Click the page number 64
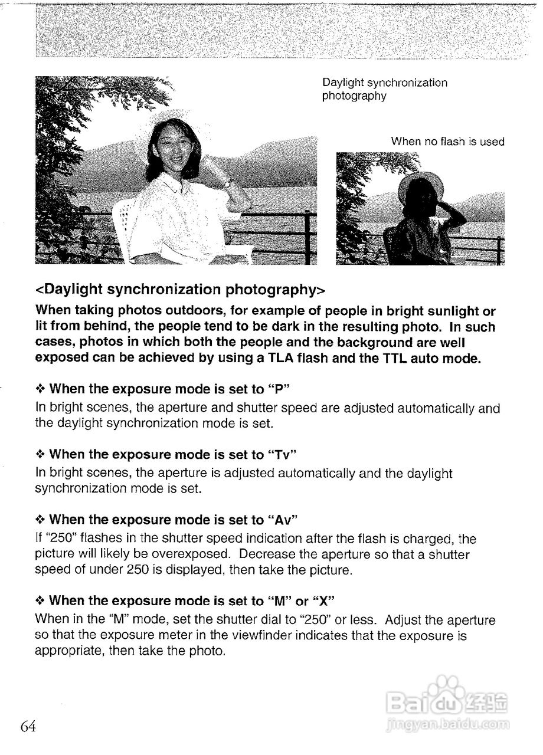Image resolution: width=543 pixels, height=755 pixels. pyautogui.click(x=28, y=727)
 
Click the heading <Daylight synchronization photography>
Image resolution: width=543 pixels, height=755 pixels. pyautogui.click(x=181, y=290)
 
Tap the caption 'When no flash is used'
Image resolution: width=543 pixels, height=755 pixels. pyautogui.click(x=447, y=142)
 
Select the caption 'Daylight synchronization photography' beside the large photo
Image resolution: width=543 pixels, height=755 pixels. pyautogui.click(x=384, y=89)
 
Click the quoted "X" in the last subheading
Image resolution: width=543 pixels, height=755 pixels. pyautogui.click(x=324, y=601)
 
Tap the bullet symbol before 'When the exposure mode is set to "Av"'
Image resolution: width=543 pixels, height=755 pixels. pyautogui.click(x=40, y=520)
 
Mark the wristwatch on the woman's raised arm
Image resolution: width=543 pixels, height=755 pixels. pyautogui.click(x=227, y=185)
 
